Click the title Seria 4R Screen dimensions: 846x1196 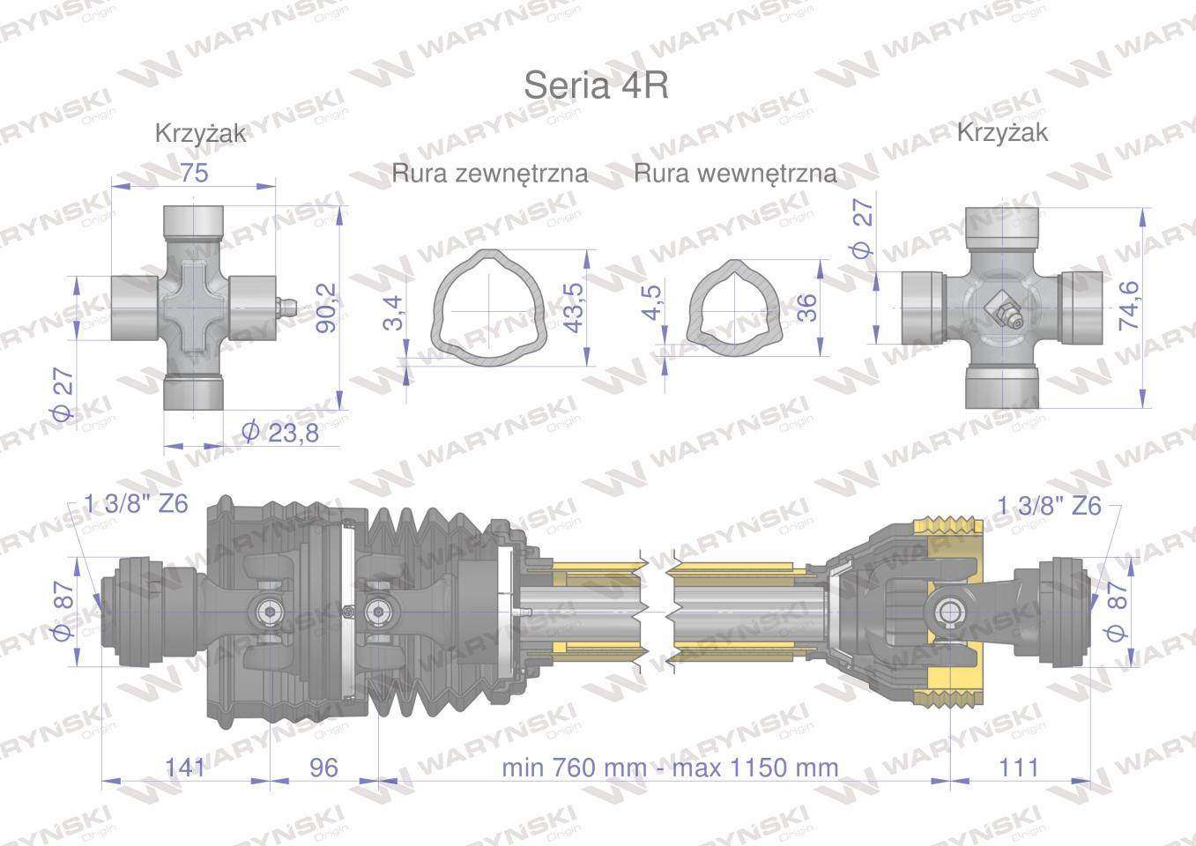tap(596, 86)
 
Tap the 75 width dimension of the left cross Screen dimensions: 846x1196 tap(194, 173)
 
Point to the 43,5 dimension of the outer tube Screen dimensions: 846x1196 tap(574, 308)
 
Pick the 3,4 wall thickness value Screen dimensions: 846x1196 tap(394, 313)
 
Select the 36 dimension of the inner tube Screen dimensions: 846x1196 tap(806, 307)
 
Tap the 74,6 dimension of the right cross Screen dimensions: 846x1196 tap(1128, 306)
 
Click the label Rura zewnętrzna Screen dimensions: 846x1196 tap(490, 174)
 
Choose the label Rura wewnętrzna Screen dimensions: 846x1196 tap(735, 174)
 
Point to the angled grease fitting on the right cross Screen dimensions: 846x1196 tap(1004, 313)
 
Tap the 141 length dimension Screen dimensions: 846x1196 tap(185, 767)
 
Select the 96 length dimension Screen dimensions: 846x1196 tap(324, 767)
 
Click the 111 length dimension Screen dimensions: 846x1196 tap(1020, 767)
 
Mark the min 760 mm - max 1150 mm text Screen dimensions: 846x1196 tap(670, 767)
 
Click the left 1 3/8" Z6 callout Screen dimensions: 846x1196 tap(136, 505)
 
